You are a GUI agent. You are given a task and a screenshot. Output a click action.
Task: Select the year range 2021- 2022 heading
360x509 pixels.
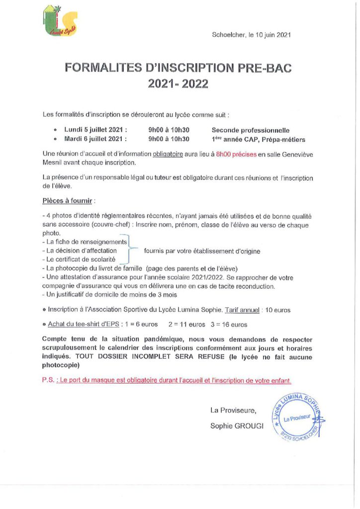tap(178, 84)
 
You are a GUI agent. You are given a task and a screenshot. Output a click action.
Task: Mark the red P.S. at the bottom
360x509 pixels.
tap(49, 380)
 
